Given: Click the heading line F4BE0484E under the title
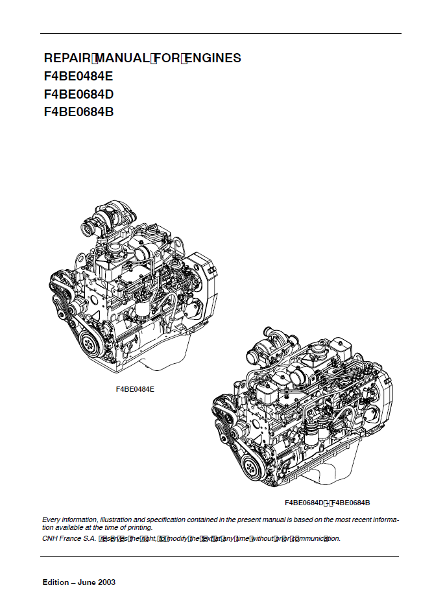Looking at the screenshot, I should point(78,76).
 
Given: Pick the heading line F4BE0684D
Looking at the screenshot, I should point(79,94).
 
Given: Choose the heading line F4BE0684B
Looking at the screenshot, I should point(79,112).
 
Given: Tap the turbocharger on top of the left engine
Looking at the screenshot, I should point(104,221).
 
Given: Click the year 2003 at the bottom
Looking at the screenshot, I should point(107,582).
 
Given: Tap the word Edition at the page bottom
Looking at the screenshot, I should point(56,582).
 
